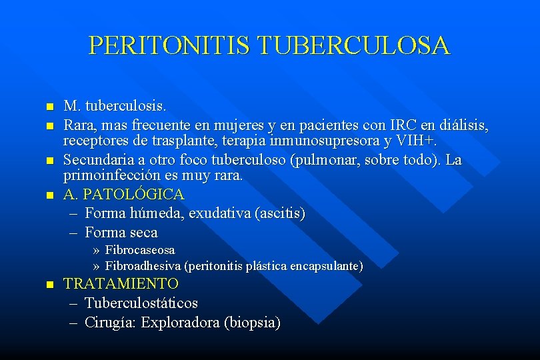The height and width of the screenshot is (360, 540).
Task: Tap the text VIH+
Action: click(417, 141)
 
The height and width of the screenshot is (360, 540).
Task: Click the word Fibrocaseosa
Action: click(140, 251)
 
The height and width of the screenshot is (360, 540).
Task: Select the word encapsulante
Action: click(327, 267)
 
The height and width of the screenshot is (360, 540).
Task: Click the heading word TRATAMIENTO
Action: click(121, 283)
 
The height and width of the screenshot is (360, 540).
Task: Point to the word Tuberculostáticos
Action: click(141, 303)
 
